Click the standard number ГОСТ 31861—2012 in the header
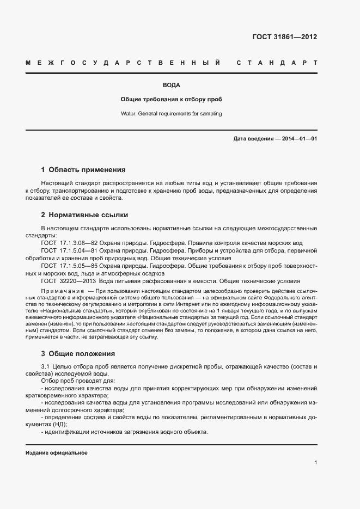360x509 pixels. [x=284, y=38]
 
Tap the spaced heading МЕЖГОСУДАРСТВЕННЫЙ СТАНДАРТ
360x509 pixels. [x=171, y=64]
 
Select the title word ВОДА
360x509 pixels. [x=171, y=85]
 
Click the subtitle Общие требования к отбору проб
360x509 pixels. [x=171, y=100]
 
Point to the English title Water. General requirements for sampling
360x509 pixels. [x=171, y=114]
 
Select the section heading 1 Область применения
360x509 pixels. [x=83, y=170]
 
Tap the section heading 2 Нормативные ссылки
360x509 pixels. [x=84, y=215]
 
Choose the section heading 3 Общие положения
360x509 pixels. [x=78, y=353]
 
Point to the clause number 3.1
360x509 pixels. [x=45, y=366]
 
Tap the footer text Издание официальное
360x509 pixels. [x=57, y=452]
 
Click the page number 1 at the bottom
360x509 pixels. [x=315, y=463]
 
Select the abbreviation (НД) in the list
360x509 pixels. [x=59, y=424]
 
